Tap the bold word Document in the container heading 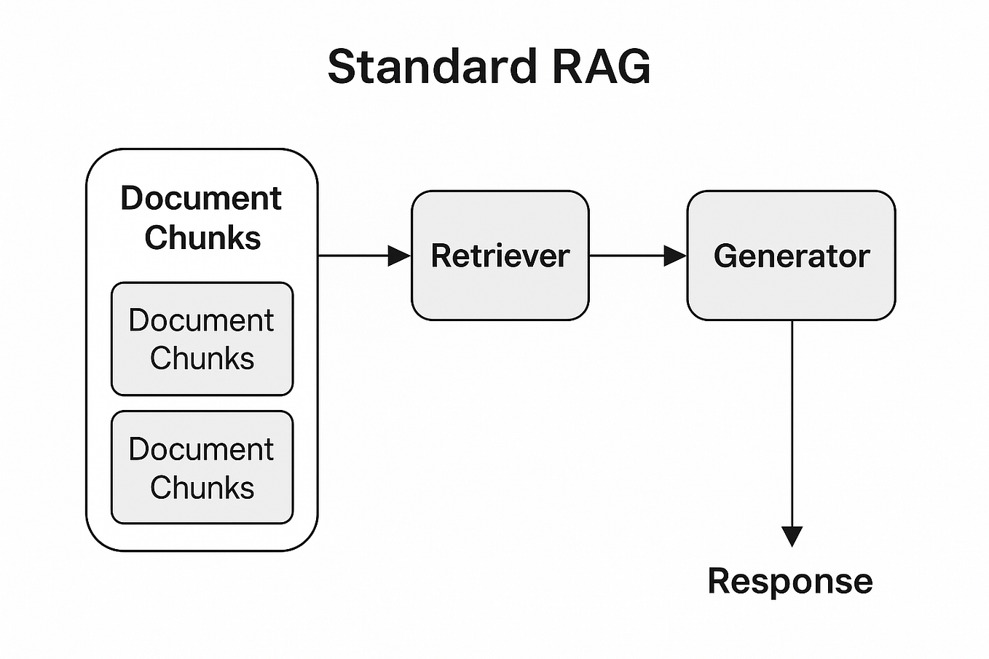pos(201,198)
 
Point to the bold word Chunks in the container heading pos(202,237)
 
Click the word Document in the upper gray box pos(201,320)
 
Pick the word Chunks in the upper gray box pos(202,358)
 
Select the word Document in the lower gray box pos(201,449)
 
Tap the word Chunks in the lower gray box pos(202,487)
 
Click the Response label pos(790,581)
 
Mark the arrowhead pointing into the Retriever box pos(400,256)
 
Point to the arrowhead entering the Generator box pos(675,256)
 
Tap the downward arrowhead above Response pos(792,536)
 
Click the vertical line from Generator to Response pos(792,422)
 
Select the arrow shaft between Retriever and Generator pos(626,256)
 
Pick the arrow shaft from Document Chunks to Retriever pos(353,256)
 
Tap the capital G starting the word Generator pos(725,256)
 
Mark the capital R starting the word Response pos(720,581)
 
